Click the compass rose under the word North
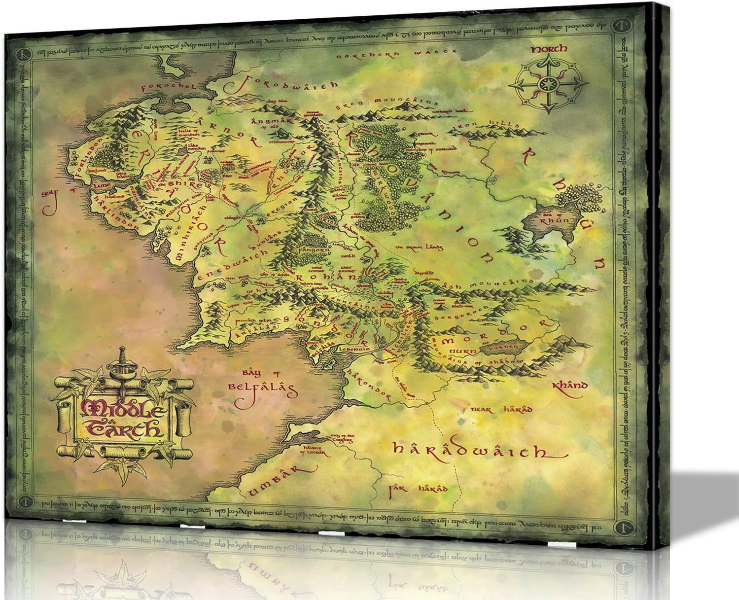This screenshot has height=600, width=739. [545, 82]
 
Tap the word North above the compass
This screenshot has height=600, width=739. [549, 48]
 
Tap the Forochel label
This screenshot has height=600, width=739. [166, 87]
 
